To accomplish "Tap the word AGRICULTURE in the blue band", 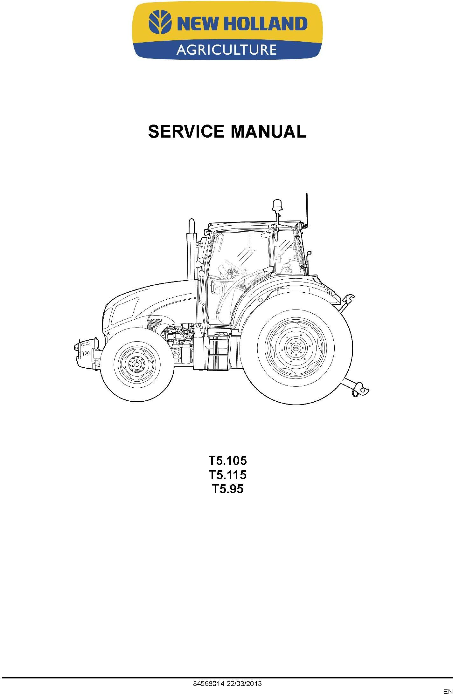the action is tap(226, 50).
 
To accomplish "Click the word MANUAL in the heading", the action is tap(268, 132).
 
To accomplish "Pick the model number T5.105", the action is tap(227, 460).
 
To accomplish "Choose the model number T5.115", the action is tap(227, 474).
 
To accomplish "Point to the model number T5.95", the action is tap(227, 489).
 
